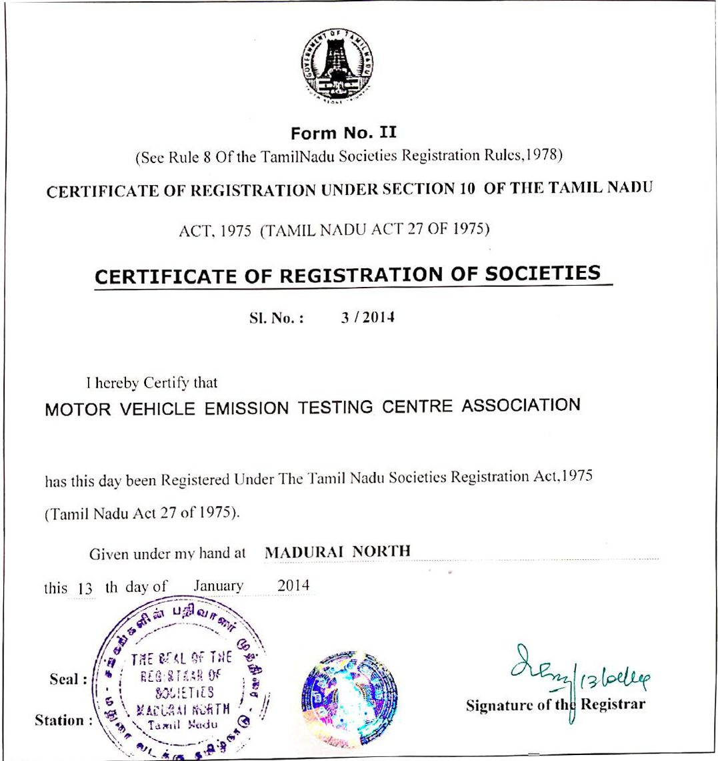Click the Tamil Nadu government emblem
[x=339, y=66]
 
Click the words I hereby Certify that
[x=151, y=383]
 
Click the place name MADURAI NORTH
[x=337, y=552]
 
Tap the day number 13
[x=84, y=589]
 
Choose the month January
[x=219, y=587]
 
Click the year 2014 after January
[x=293, y=586]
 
